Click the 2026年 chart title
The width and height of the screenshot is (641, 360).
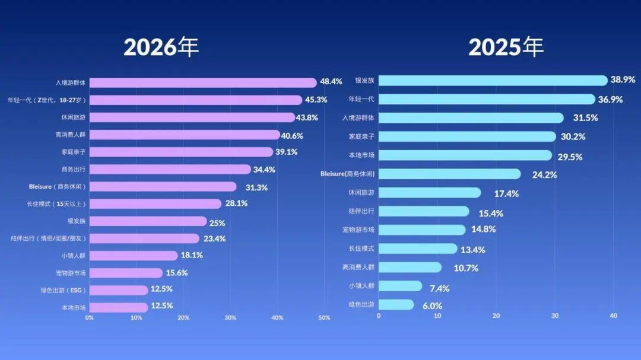coord(161,47)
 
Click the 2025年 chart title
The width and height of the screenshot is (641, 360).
coord(506,47)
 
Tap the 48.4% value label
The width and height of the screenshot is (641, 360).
coord(331,82)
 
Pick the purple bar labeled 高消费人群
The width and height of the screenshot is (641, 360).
coord(185,135)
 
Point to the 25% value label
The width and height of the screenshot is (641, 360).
coord(217,223)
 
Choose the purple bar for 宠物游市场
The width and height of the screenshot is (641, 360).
coord(126,273)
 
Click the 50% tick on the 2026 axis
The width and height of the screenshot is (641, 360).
coord(324,318)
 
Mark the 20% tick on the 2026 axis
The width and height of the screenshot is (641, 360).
coord(183,318)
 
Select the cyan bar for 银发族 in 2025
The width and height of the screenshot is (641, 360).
coord(493,80)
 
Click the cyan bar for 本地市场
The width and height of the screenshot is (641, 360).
coord(465,155)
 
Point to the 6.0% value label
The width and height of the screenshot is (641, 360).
coord(432,306)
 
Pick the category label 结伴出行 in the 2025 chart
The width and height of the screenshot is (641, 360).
coord(361,211)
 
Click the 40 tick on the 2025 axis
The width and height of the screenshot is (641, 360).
coord(613,316)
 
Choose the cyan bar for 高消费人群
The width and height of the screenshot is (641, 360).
coord(410,267)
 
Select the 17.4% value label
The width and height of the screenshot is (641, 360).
coord(506,193)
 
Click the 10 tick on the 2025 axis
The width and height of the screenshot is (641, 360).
coord(437,316)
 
